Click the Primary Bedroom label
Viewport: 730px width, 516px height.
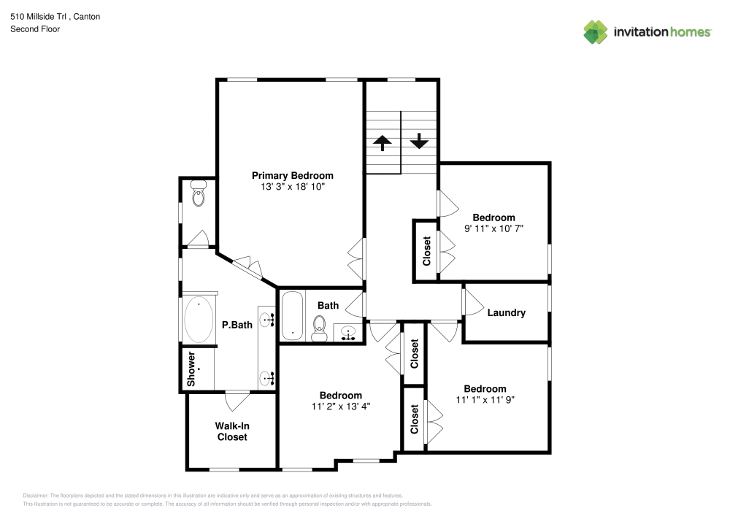292,175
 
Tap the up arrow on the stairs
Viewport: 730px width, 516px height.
383,142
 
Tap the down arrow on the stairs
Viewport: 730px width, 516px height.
419,140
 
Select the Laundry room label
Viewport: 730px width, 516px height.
506,312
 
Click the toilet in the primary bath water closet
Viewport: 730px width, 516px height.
198,196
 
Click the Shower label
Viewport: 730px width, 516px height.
191,369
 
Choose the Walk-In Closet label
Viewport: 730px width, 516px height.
232,431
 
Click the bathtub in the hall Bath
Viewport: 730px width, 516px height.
292,315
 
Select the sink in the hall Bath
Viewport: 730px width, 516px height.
349,333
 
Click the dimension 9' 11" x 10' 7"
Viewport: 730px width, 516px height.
493,228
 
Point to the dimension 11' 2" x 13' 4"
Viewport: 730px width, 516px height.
340,407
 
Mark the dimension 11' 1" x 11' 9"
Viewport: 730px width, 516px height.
485,400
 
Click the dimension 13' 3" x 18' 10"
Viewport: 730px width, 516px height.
292,187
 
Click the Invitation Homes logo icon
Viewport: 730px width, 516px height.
596,32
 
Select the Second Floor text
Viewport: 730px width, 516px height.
35,29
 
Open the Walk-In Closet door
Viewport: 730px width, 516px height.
237,400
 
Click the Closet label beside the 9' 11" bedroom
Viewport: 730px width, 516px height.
427,250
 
